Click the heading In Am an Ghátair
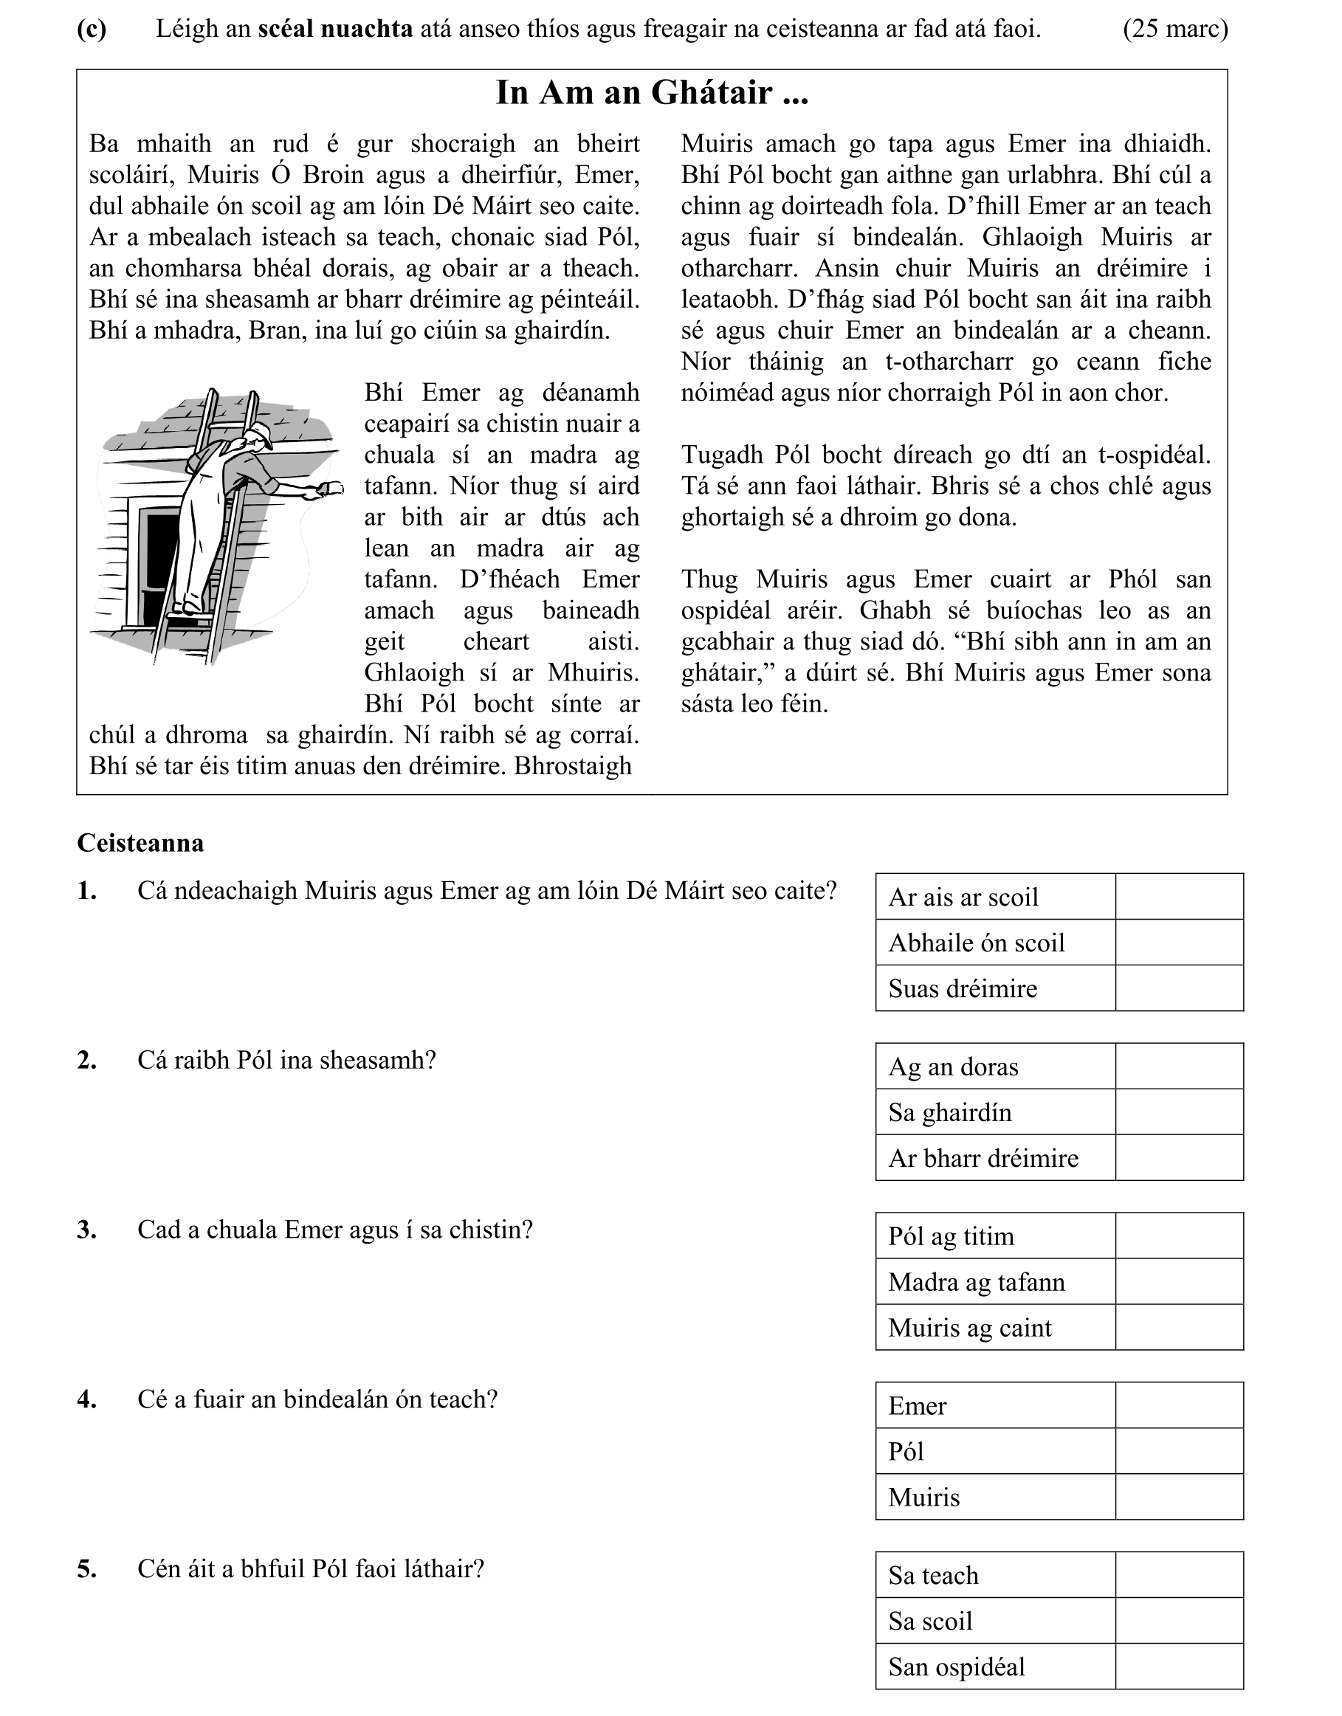651,93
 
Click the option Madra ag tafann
977,1282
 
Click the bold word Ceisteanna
141,843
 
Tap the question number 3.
86,1230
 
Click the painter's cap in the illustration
259,433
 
